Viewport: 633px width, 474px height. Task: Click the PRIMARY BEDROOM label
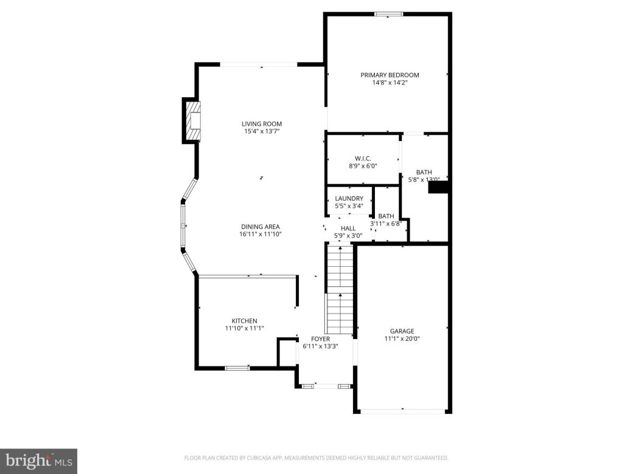[390, 75]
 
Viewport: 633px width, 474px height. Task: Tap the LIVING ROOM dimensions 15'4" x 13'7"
[262, 131]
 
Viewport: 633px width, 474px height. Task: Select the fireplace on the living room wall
[193, 121]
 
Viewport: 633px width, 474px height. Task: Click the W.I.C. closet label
[363, 158]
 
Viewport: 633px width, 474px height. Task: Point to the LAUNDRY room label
[349, 198]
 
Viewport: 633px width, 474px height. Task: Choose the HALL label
[348, 228]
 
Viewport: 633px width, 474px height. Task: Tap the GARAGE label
[402, 331]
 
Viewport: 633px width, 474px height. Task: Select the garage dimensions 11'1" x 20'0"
[402, 339]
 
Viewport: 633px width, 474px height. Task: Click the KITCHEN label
[244, 321]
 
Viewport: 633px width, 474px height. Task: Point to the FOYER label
[320, 338]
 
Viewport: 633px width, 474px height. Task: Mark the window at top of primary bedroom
[388, 14]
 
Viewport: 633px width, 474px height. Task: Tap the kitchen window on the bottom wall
[237, 368]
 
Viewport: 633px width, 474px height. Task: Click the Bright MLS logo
[38, 461]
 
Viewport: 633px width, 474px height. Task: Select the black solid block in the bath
[438, 188]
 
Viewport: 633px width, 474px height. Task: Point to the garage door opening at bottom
[403, 411]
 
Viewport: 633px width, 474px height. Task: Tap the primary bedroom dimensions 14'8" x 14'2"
[390, 83]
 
